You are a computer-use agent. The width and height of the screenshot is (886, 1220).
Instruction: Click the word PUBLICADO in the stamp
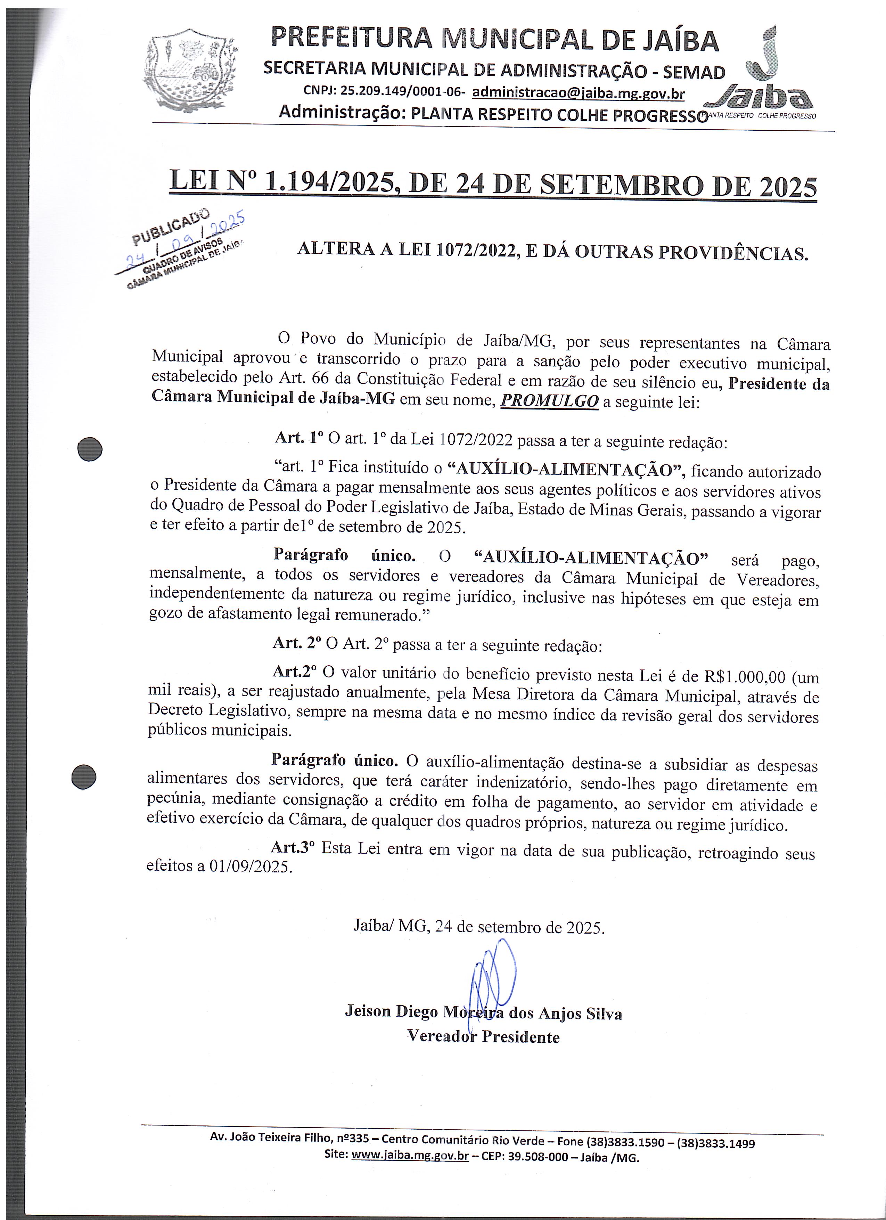point(171,227)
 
